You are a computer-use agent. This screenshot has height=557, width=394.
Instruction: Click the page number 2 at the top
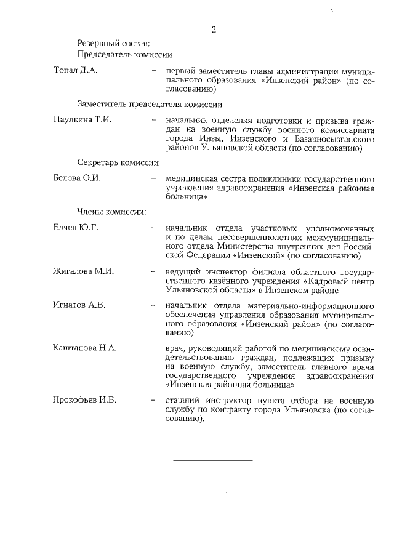tap(214, 29)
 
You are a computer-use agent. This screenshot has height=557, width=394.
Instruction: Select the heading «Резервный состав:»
tap(113, 43)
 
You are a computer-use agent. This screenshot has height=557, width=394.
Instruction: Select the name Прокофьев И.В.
tap(85, 400)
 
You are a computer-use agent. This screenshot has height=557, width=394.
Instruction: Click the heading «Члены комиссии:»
tap(111, 212)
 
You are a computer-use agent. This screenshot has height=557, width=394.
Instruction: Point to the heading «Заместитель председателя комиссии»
tap(150, 104)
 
